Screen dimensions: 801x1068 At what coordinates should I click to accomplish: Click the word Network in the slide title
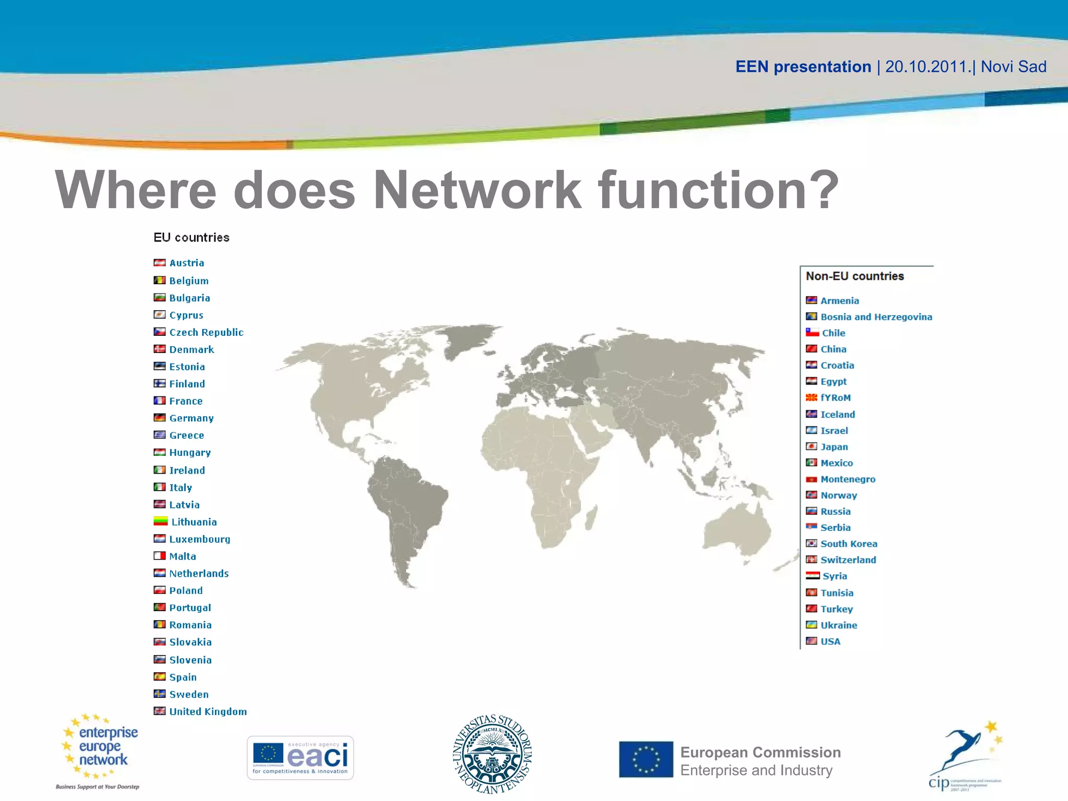click(477, 190)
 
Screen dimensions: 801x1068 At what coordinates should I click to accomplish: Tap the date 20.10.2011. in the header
click(929, 67)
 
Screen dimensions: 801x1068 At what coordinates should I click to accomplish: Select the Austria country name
click(187, 263)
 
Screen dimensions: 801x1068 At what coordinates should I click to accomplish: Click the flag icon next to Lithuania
click(160, 521)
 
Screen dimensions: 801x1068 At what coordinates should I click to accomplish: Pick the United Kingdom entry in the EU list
click(208, 712)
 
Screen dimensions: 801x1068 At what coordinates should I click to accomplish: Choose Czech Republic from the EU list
click(207, 332)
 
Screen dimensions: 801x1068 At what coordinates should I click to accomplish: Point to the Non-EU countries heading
click(855, 276)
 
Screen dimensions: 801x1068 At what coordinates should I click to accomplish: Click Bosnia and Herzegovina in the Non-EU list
click(876, 317)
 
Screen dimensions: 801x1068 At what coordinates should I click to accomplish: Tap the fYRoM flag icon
click(811, 398)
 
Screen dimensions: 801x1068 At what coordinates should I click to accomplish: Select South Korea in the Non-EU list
click(848, 544)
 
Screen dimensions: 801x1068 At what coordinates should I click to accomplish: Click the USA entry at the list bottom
click(830, 641)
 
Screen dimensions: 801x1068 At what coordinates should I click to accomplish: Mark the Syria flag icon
click(812, 576)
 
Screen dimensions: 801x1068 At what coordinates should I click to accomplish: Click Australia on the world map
click(735, 532)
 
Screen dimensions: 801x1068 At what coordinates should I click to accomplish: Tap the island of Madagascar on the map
click(591, 519)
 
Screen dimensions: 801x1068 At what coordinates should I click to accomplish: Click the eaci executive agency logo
click(300, 758)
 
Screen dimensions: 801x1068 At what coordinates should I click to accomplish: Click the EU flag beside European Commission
click(646, 759)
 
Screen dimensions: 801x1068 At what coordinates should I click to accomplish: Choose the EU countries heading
click(191, 238)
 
